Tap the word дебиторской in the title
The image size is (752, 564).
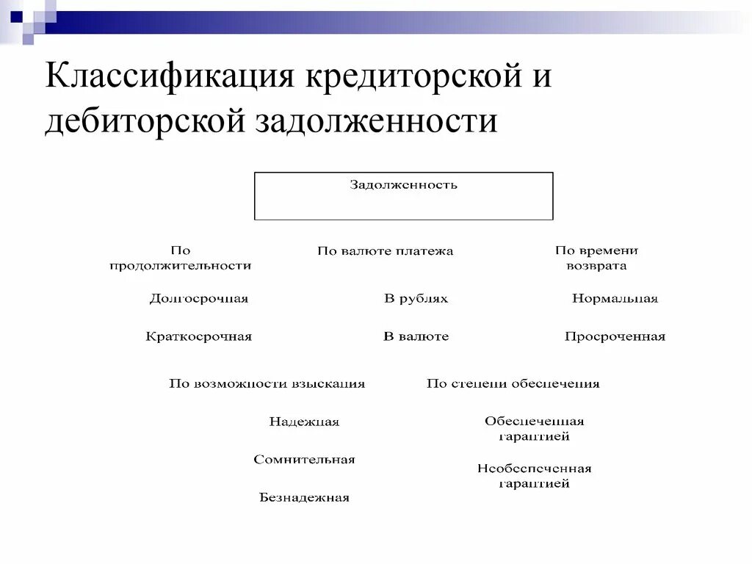(x=144, y=120)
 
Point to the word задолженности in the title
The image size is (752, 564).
(x=376, y=120)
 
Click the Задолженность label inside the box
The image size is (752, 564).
(x=403, y=185)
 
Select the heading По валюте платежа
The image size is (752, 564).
(x=385, y=251)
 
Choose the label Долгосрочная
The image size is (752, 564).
(x=198, y=299)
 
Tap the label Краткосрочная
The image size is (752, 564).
(x=198, y=337)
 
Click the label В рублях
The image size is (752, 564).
(x=416, y=299)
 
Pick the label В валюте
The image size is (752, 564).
(x=416, y=337)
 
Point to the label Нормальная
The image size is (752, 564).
(x=615, y=299)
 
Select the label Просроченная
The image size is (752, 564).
(x=615, y=337)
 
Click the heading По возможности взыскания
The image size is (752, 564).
(x=267, y=383)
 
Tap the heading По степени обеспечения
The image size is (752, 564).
(x=513, y=383)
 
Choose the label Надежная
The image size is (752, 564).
(x=304, y=422)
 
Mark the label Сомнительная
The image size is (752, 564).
(x=304, y=460)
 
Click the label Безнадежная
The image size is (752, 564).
(x=304, y=498)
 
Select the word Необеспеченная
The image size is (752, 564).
(x=534, y=469)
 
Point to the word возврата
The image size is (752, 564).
(x=596, y=266)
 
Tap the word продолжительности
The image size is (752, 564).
(x=180, y=266)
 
